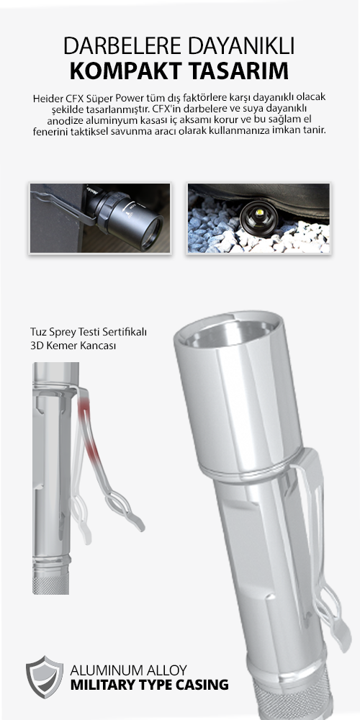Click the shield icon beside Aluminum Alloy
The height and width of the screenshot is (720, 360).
click(45, 677)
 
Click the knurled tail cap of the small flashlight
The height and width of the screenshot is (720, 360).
click(51, 583)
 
